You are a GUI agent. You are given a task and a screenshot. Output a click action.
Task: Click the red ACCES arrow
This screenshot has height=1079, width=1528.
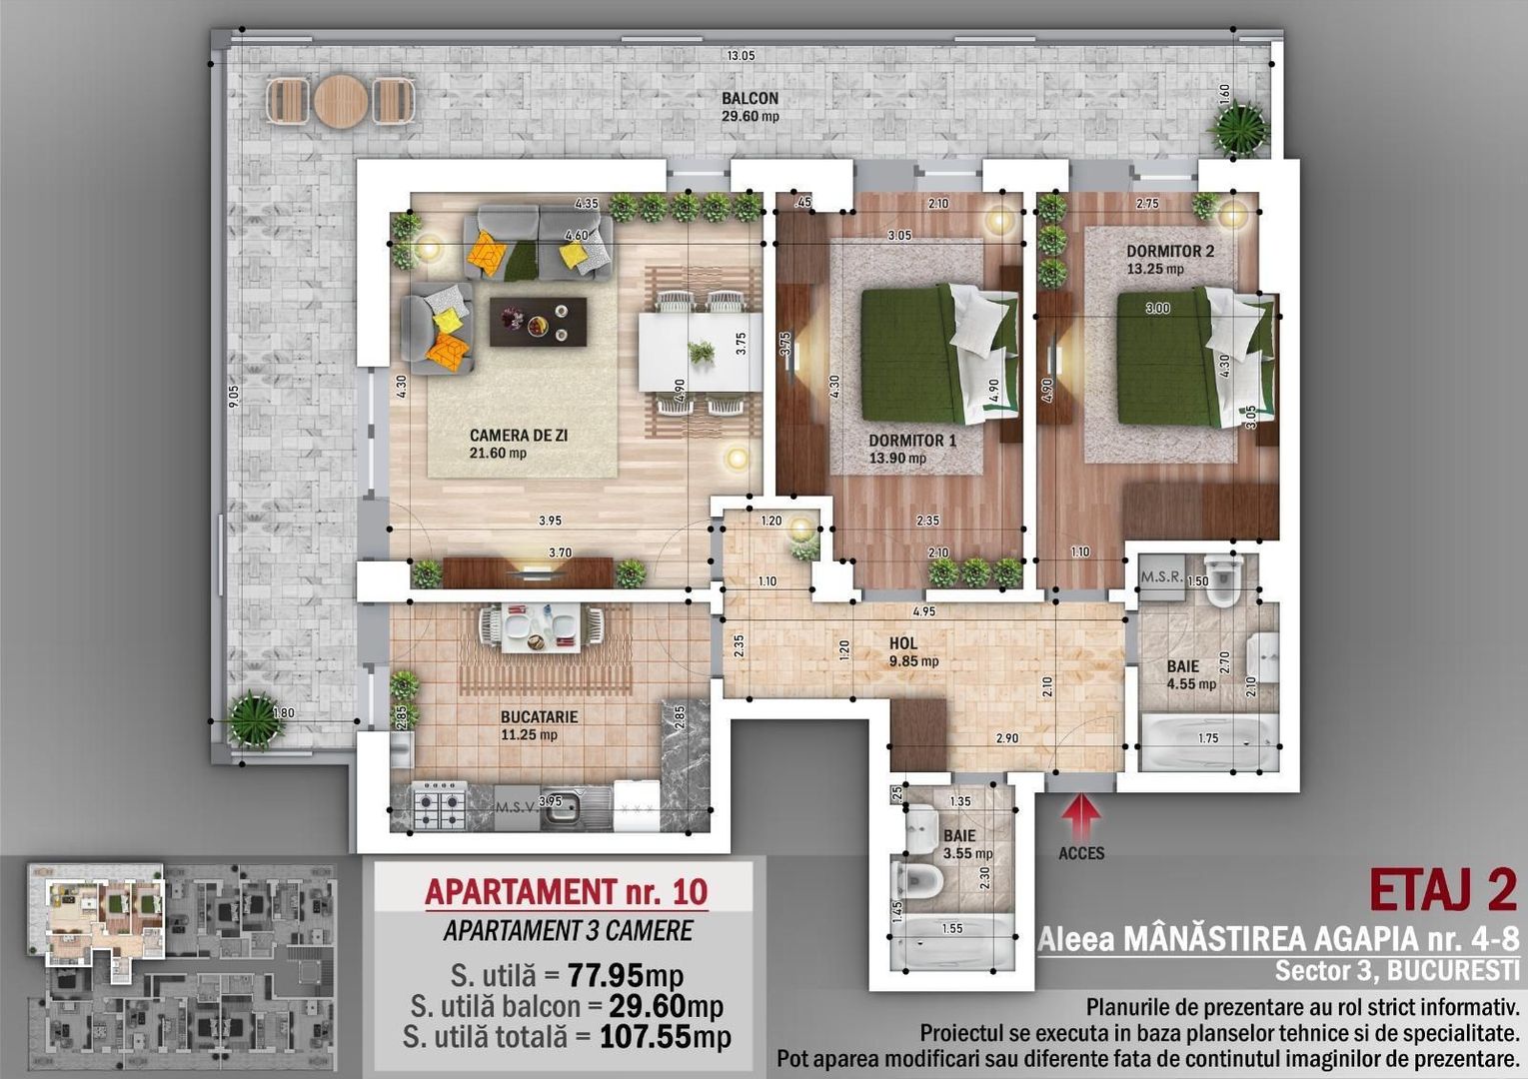pos(1080,816)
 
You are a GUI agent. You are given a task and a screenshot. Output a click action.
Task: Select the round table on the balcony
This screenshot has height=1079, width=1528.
pos(341,100)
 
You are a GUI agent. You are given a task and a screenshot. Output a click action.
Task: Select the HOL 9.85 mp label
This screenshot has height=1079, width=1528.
pos(912,651)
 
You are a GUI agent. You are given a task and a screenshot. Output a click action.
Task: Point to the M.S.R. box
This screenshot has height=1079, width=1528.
pos(1161,577)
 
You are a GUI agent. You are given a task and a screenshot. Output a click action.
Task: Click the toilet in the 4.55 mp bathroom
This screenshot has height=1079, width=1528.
pos(1223,585)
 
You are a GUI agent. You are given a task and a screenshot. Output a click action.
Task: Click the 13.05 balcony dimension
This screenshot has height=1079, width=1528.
pos(741,56)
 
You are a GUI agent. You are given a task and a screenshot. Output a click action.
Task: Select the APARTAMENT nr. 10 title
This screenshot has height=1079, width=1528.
pos(566,890)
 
